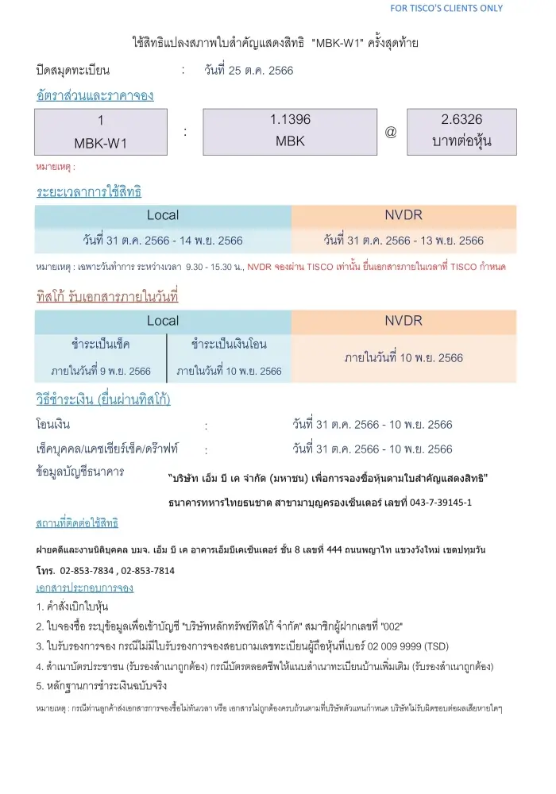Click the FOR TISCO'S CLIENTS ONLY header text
[x=446, y=8]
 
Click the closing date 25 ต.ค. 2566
[x=249, y=70]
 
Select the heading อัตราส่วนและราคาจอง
[x=95, y=95]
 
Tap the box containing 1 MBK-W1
[x=101, y=132]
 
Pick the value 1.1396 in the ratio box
[x=290, y=120]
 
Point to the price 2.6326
[x=461, y=120]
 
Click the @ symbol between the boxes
[x=391, y=132]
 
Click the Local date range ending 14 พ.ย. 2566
[x=163, y=240]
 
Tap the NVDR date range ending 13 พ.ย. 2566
[x=403, y=240]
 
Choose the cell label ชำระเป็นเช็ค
[x=101, y=345]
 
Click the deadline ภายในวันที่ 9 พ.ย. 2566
[x=101, y=371]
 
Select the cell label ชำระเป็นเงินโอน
[x=229, y=345]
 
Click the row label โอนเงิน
[x=53, y=424]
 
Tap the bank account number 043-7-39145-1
[x=437, y=503]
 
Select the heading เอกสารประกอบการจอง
[x=85, y=588]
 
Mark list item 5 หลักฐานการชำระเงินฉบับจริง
[x=102, y=685]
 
